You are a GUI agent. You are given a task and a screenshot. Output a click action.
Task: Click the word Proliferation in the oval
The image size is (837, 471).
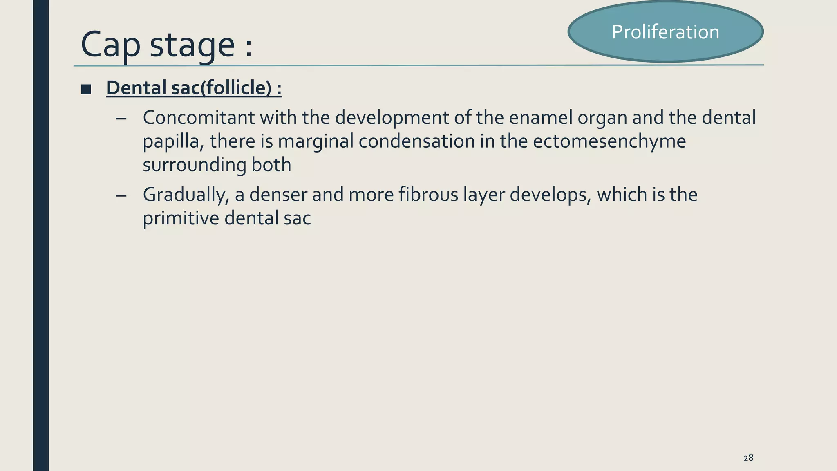coord(665,32)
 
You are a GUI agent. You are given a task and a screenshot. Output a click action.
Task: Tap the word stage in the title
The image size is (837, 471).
coord(192,45)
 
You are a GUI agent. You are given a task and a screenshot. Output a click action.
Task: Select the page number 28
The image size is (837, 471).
coord(748,458)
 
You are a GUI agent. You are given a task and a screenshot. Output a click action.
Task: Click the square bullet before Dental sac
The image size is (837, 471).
coord(86,89)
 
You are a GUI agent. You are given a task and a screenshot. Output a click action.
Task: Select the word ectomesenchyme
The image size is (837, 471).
coord(609,141)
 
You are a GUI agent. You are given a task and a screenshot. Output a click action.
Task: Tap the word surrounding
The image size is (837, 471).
coord(194,165)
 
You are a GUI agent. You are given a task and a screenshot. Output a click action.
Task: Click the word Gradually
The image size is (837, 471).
coord(186,195)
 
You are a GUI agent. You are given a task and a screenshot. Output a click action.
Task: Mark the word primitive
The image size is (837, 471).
coord(181,218)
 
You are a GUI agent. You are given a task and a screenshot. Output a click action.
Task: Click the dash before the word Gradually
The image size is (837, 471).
coord(121,195)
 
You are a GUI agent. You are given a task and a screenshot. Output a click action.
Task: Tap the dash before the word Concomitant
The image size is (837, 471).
coord(121,119)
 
